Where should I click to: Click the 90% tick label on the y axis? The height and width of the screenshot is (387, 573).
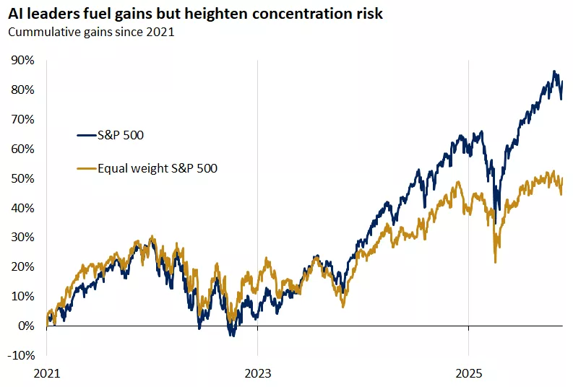[22, 61]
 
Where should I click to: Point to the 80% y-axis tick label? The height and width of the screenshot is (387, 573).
[22, 90]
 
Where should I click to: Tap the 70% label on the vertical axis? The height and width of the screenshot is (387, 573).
[22, 119]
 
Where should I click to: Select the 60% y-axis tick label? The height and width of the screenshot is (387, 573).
[22, 149]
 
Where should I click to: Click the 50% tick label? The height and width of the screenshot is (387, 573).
[22, 178]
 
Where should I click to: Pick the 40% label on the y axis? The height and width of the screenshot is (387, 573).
[22, 208]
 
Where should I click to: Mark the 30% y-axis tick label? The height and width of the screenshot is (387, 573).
[22, 238]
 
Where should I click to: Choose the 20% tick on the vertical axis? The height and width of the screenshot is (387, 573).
[22, 267]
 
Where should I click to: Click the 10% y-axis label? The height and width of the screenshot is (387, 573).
[22, 296]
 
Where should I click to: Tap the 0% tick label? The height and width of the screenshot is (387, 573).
[25, 326]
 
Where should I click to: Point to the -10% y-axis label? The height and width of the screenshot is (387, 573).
[21, 355]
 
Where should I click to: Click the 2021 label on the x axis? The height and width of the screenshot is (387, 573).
[46, 375]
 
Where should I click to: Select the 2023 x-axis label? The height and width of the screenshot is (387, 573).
[257, 375]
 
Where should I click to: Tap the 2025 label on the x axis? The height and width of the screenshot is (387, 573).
[468, 375]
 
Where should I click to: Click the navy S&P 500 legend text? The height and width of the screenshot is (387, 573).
[123, 134]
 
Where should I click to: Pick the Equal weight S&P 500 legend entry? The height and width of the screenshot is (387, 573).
[158, 168]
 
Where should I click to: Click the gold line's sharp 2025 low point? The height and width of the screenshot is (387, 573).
[495, 261]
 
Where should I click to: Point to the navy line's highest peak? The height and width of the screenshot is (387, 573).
[554, 71]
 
